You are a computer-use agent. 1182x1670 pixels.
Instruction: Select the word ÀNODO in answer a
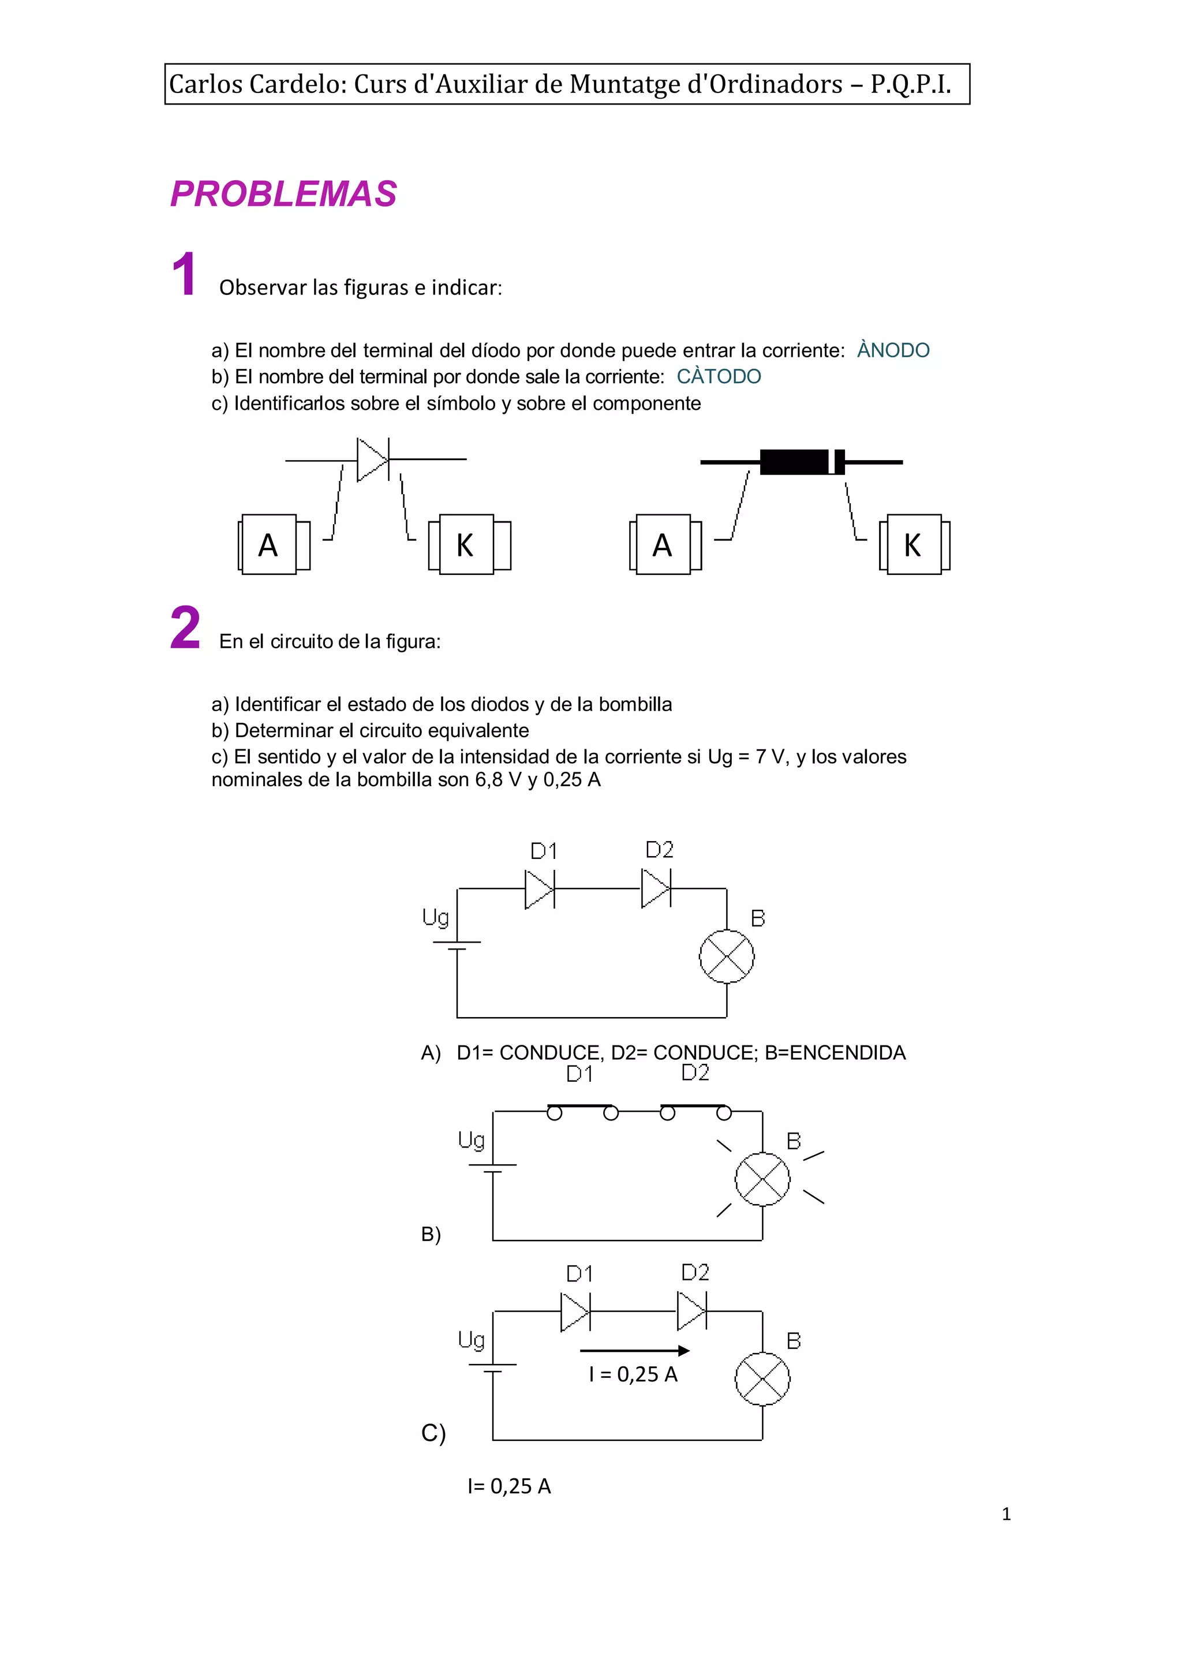pyautogui.click(x=893, y=350)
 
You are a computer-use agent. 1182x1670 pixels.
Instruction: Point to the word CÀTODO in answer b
pyautogui.click(x=719, y=376)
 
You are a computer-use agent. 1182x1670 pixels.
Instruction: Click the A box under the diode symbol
pyautogui.click(x=268, y=544)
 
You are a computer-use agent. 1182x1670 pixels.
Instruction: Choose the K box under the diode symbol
pyautogui.click(x=466, y=544)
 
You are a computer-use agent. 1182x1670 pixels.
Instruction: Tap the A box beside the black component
pyautogui.click(x=663, y=544)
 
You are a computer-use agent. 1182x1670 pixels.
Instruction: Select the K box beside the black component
pyautogui.click(x=912, y=544)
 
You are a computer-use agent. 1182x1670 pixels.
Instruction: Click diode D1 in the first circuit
pyautogui.click(x=539, y=889)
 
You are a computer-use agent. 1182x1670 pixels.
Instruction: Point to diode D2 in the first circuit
pyautogui.click(x=656, y=889)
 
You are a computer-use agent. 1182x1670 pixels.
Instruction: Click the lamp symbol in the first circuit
pyautogui.click(x=727, y=957)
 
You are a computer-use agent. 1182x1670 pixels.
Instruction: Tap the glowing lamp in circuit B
pyautogui.click(x=762, y=1179)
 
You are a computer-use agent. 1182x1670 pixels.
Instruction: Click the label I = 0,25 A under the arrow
pyautogui.click(x=633, y=1374)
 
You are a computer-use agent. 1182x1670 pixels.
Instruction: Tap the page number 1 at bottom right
pyautogui.click(x=1007, y=1514)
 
